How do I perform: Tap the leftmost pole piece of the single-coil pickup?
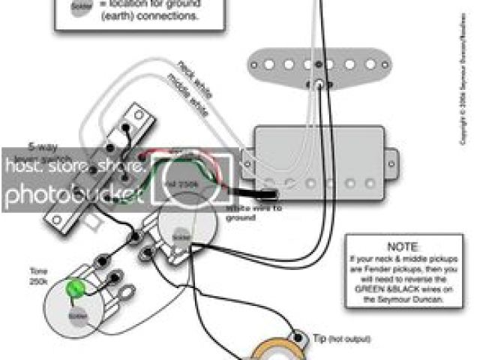pos(261,65)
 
